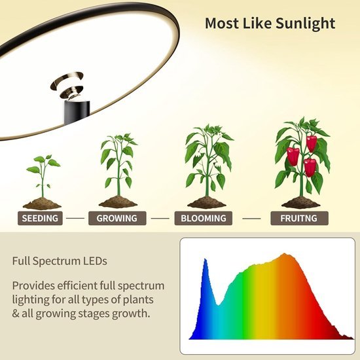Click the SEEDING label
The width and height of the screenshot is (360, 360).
tap(41, 218)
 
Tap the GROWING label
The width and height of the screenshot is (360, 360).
tap(117, 218)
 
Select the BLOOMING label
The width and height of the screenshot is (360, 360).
tap(202, 218)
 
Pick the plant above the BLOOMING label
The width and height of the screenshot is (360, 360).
tap(207, 160)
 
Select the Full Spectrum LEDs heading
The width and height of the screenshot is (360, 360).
tap(60, 261)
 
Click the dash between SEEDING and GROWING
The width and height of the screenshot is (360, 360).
tap(77, 218)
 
